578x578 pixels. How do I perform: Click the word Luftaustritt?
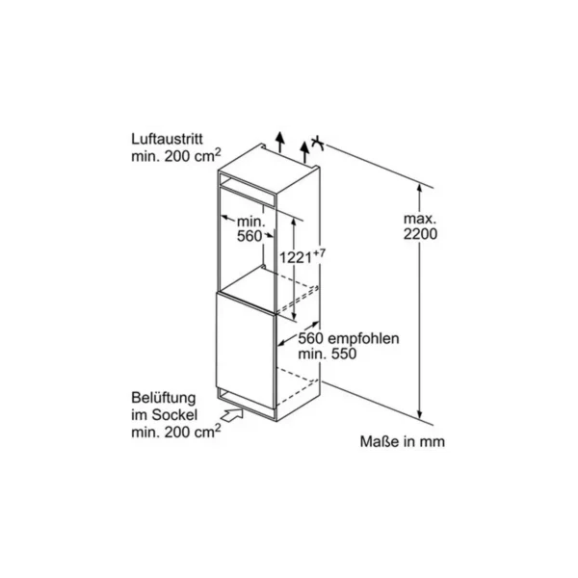[167, 140]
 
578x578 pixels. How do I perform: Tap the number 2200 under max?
[420, 234]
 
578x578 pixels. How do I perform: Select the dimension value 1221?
[296, 257]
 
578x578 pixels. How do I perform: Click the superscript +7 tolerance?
[320, 252]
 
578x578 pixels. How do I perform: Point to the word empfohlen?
[363, 338]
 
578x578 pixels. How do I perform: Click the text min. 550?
[328, 354]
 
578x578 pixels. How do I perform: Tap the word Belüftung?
[164, 398]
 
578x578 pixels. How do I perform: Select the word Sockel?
[174, 415]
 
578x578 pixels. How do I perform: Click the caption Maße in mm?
[402, 441]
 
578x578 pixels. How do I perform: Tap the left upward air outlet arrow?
[280, 142]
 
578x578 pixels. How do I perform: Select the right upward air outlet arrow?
[304, 152]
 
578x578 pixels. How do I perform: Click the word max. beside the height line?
[420, 219]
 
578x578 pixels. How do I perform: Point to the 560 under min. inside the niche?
[250, 236]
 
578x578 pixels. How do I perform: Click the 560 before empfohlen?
[311, 338]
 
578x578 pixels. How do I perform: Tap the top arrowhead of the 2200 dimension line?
[419, 188]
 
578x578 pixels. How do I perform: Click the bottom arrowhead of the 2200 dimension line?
[419, 414]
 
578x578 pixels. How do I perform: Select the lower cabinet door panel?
[246, 351]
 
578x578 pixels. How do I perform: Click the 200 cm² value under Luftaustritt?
[193, 155]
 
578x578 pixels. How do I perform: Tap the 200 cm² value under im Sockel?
[193, 431]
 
